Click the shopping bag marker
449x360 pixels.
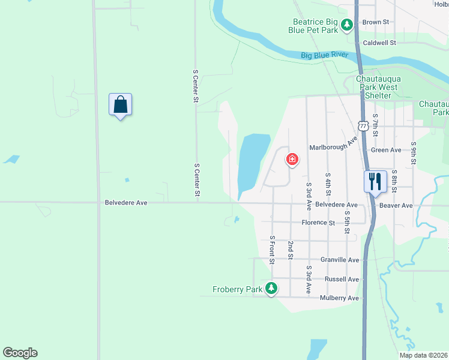coord(121,105)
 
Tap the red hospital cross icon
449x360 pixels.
coord(292,159)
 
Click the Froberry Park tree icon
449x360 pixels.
coord(272,289)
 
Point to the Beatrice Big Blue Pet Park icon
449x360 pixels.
coord(346,25)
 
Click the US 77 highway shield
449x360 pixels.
coord(363,125)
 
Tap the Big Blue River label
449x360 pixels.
coord(325,55)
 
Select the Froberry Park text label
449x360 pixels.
coord(238,289)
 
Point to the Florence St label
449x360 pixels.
coord(318,223)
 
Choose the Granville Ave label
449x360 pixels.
coord(340,260)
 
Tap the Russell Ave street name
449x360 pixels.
coord(342,280)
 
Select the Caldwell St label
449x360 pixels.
coord(380,43)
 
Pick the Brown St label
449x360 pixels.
coord(376,22)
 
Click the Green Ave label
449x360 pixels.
coord(386,150)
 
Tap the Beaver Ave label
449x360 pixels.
coord(396,205)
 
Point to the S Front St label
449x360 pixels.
coord(272,250)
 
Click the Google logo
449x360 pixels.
coord(20,353)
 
